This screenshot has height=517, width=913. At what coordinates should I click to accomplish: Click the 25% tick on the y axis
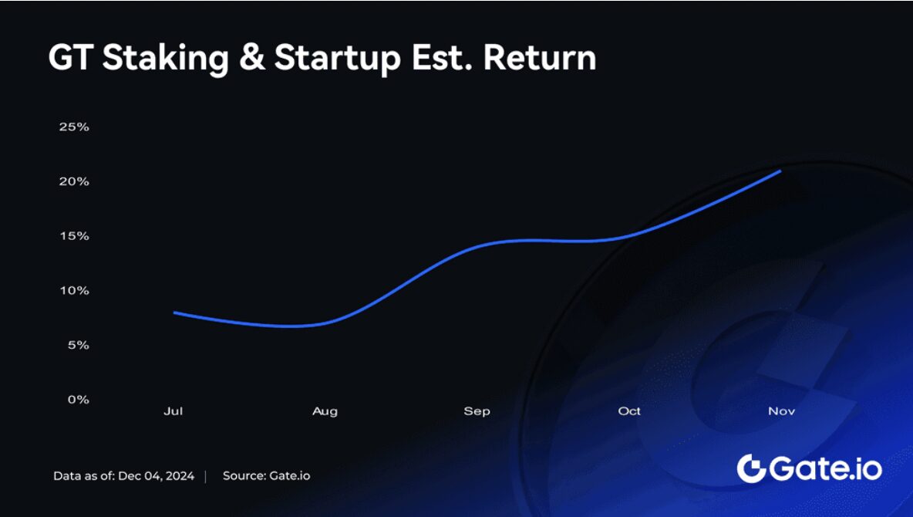(74, 127)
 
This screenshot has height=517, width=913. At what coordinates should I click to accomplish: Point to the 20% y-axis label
(74, 181)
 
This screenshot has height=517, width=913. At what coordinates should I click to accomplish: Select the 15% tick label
(74, 236)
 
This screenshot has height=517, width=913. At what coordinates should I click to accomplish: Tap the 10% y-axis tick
(74, 290)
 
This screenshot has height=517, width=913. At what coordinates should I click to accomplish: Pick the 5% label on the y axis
(78, 345)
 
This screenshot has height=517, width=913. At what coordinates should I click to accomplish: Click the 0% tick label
(78, 399)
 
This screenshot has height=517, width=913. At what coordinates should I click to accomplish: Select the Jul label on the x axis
(173, 411)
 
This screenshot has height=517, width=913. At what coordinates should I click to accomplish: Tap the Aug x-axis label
(325, 411)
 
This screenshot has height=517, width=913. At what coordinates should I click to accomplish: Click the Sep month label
(477, 411)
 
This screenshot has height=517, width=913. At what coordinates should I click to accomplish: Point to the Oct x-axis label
(629, 411)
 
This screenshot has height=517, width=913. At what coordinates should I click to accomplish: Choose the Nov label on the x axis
(781, 411)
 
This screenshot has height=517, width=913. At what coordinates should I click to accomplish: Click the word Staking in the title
(165, 59)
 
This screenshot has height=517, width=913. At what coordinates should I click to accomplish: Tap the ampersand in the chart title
(251, 58)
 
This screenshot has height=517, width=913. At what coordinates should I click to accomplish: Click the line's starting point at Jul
(175, 313)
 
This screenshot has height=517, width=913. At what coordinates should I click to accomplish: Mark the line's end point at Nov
(780, 171)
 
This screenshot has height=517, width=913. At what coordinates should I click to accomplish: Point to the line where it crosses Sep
(477, 246)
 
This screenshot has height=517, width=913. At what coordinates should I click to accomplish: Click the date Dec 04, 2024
(156, 475)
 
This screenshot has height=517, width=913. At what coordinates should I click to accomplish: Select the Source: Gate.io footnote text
(266, 475)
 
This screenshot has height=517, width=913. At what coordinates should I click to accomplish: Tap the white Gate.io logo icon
(751, 468)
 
